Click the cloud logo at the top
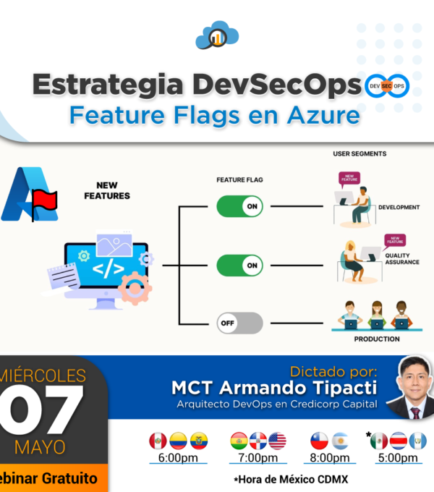(x=217, y=35)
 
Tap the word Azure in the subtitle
(x=323, y=115)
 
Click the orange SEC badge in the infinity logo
(x=387, y=86)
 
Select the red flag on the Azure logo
(x=44, y=200)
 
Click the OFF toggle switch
(x=239, y=323)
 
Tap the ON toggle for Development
(x=239, y=206)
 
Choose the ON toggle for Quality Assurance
(x=239, y=266)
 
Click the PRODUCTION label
(x=377, y=339)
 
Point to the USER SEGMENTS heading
(x=359, y=153)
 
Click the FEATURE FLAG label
(x=239, y=179)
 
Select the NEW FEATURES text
(x=107, y=190)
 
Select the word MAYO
(x=40, y=447)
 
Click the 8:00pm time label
(x=330, y=458)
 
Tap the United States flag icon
(x=277, y=441)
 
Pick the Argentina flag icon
(x=340, y=441)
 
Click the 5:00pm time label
(x=398, y=458)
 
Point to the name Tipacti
(x=345, y=388)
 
